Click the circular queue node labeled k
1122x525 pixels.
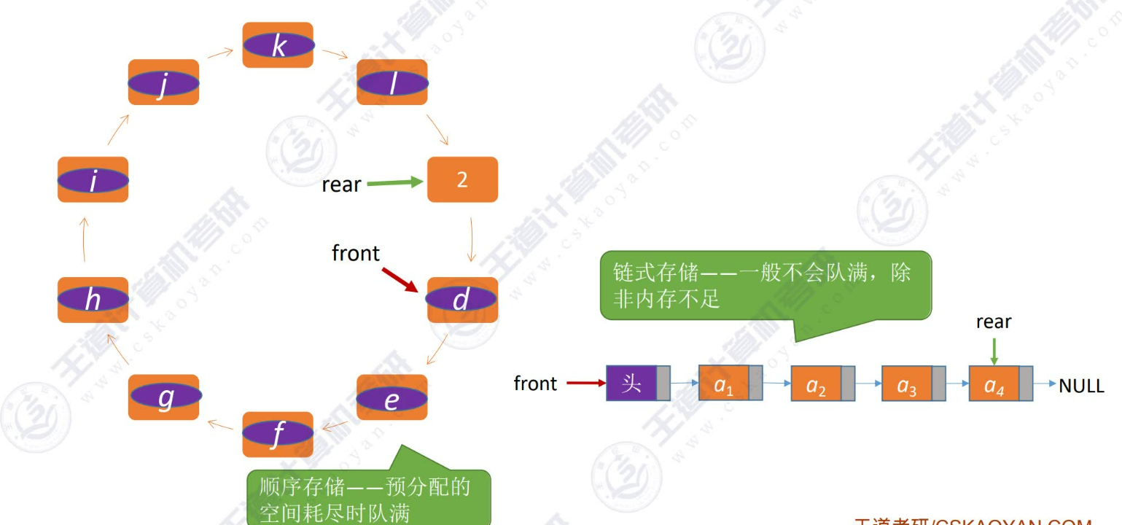point(278,45)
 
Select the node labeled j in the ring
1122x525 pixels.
point(164,82)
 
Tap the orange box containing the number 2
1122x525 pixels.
point(462,179)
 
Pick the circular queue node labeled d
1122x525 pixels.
point(462,300)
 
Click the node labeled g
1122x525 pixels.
point(164,397)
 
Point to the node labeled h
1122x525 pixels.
point(93,300)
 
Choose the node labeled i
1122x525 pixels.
point(93,179)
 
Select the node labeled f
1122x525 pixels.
point(278,434)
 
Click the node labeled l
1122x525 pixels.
point(391,82)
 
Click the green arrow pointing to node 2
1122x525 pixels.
point(394,182)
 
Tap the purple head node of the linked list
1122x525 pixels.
point(631,384)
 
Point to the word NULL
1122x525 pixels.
point(1080,386)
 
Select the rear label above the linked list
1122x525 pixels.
point(994,322)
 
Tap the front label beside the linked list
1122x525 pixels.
point(535,384)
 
